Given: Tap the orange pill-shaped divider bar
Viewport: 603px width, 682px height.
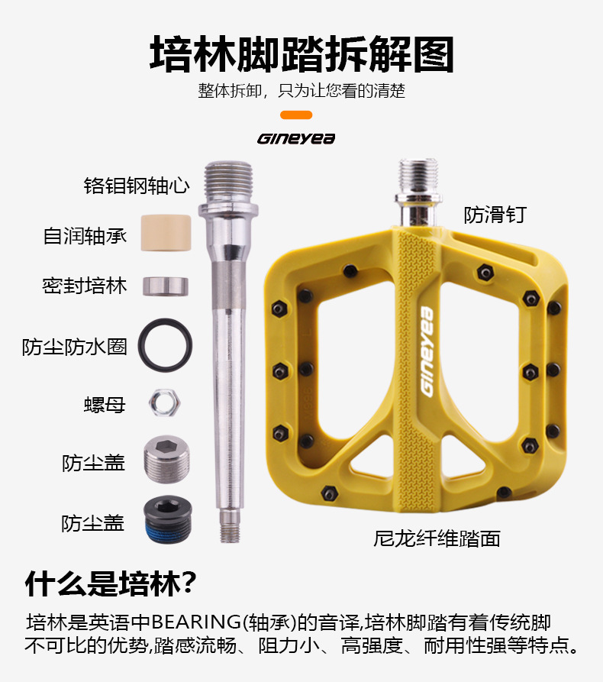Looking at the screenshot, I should pos(296,115).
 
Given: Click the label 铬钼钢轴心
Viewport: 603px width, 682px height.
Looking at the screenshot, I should pos(136,186).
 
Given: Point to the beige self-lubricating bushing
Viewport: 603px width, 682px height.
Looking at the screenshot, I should pos(165,232).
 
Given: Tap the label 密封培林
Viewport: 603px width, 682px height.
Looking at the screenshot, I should pos(84,286).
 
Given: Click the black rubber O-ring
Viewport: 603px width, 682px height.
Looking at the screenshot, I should pos(165,344).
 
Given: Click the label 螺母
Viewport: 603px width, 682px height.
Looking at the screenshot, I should pos(105,404).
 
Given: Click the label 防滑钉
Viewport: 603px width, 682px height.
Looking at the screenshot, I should pos(495,215).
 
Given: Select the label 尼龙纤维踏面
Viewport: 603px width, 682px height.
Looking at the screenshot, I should pos(437,538).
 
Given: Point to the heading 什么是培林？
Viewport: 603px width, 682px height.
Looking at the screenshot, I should pos(111,584).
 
